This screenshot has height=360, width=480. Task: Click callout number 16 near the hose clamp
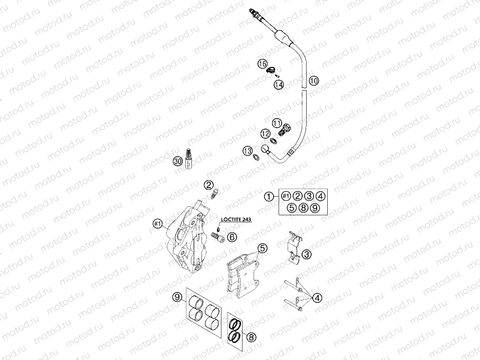[x=262, y=64]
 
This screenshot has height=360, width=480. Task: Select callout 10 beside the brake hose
[x=313, y=81]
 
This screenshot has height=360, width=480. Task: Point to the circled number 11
[x=277, y=122]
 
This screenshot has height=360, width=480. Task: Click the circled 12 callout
[x=265, y=134]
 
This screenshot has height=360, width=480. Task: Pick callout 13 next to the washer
[x=247, y=151]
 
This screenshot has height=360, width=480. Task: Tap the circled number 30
[x=177, y=161]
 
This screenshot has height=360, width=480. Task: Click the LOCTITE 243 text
[x=238, y=219]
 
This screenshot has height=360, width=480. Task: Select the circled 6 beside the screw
[x=231, y=237]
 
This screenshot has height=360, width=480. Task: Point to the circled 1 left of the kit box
[x=270, y=196]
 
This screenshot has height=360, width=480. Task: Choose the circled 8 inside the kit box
[x=303, y=207]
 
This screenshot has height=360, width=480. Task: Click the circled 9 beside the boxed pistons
[x=177, y=297]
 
